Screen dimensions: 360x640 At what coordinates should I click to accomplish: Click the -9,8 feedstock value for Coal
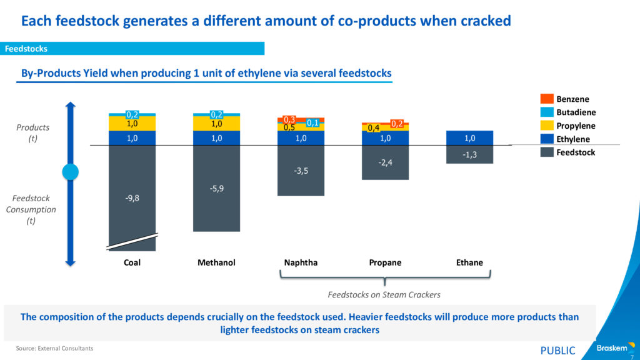point(132,199)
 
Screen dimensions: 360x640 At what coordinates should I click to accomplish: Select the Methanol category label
point(216,262)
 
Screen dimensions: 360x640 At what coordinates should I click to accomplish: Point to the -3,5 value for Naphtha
point(301,170)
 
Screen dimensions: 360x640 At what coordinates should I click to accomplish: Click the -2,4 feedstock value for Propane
point(385,162)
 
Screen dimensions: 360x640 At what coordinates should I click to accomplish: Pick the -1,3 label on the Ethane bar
point(469,154)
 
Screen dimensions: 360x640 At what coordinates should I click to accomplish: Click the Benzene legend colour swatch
point(546,99)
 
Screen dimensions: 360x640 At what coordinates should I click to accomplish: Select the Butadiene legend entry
point(576,112)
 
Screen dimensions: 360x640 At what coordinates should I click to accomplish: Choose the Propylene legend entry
point(576,126)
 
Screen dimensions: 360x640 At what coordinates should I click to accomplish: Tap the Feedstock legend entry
point(576,152)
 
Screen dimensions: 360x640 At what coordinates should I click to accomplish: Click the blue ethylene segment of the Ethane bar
point(469,138)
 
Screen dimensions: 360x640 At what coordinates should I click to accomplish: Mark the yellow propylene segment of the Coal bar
point(132,124)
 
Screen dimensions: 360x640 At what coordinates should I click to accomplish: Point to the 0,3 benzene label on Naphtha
point(289,119)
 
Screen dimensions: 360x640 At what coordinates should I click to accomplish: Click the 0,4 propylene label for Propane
point(374,128)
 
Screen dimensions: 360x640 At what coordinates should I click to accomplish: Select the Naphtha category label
point(301,262)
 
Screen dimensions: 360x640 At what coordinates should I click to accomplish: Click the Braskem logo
point(612,348)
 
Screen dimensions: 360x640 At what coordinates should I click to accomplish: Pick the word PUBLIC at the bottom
point(557,351)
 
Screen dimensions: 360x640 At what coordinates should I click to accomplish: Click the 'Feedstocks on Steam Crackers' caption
point(384,294)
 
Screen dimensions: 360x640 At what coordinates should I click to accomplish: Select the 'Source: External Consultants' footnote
point(55,348)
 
